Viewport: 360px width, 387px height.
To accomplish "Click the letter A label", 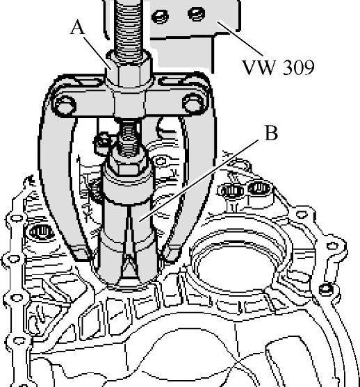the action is click(x=78, y=27).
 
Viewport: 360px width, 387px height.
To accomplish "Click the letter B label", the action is click(x=271, y=133).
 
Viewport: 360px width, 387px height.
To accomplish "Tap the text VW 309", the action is click(x=279, y=67).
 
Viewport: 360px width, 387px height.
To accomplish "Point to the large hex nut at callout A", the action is click(x=129, y=68).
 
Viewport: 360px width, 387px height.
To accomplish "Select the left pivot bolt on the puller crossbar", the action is click(x=65, y=105).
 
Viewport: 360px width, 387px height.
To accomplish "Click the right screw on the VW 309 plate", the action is click(x=196, y=14).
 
